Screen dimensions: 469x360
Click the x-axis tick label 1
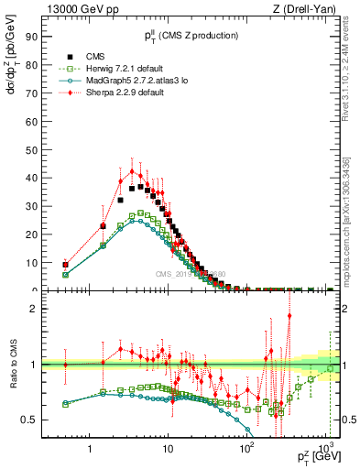(90, 449)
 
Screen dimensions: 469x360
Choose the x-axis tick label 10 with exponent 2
(245, 449)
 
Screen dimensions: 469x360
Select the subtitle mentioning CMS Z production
(191, 36)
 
